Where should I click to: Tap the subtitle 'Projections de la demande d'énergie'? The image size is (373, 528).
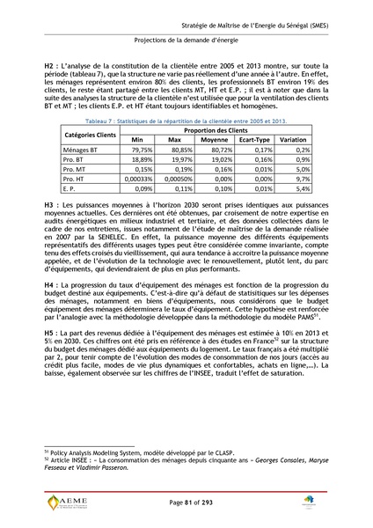click(186, 40)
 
